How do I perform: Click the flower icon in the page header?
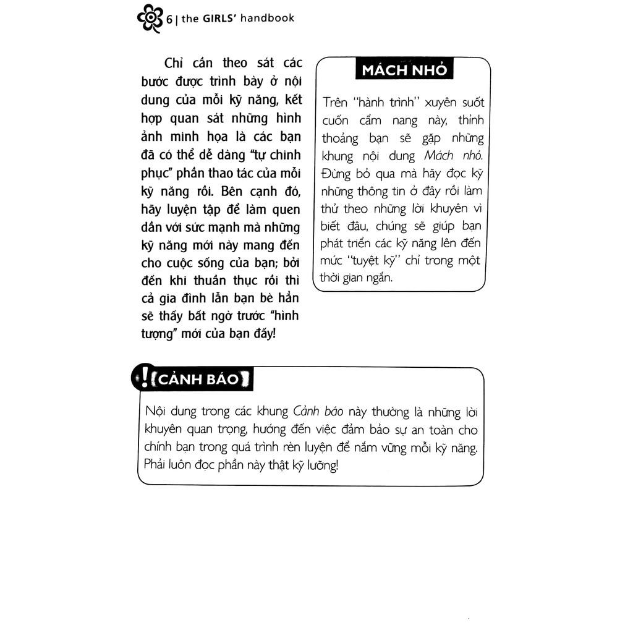(x=150, y=19)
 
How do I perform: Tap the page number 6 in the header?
(x=169, y=19)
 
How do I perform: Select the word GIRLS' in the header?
(x=219, y=18)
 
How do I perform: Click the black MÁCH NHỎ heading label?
(x=404, y=70)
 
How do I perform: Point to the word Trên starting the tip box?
(x=335, y=103)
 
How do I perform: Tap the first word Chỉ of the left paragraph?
(x=175, y=63)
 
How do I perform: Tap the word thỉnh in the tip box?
(x=470, y=120)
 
